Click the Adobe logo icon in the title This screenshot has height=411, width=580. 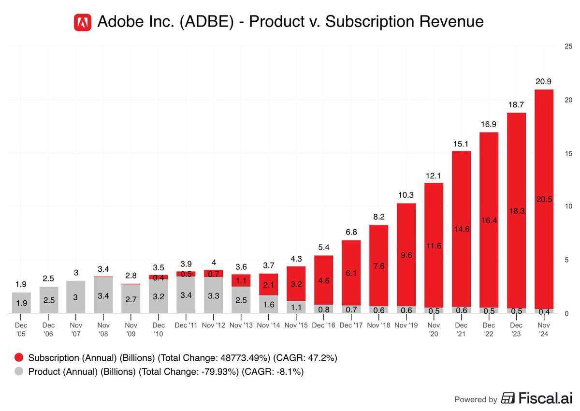pos(83,22)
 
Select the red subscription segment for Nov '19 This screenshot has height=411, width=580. pos(406,242)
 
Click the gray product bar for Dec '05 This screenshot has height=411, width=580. pos(21,303)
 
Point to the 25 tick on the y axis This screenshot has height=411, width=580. pos(568,46)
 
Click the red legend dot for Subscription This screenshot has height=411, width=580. pos(19,358)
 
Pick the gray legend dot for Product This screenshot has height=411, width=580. pos(19,372)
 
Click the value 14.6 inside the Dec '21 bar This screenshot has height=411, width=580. pos(461,230)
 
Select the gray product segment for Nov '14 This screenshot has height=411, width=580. pos(268,305)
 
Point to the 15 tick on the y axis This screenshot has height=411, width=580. pos(568,154)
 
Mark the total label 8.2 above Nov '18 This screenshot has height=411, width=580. pos(378,217)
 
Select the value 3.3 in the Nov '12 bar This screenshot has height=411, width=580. pos(213,296)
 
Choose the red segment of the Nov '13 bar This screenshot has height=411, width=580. pos(241,280)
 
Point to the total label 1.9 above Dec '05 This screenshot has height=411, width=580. pos(21,284)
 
